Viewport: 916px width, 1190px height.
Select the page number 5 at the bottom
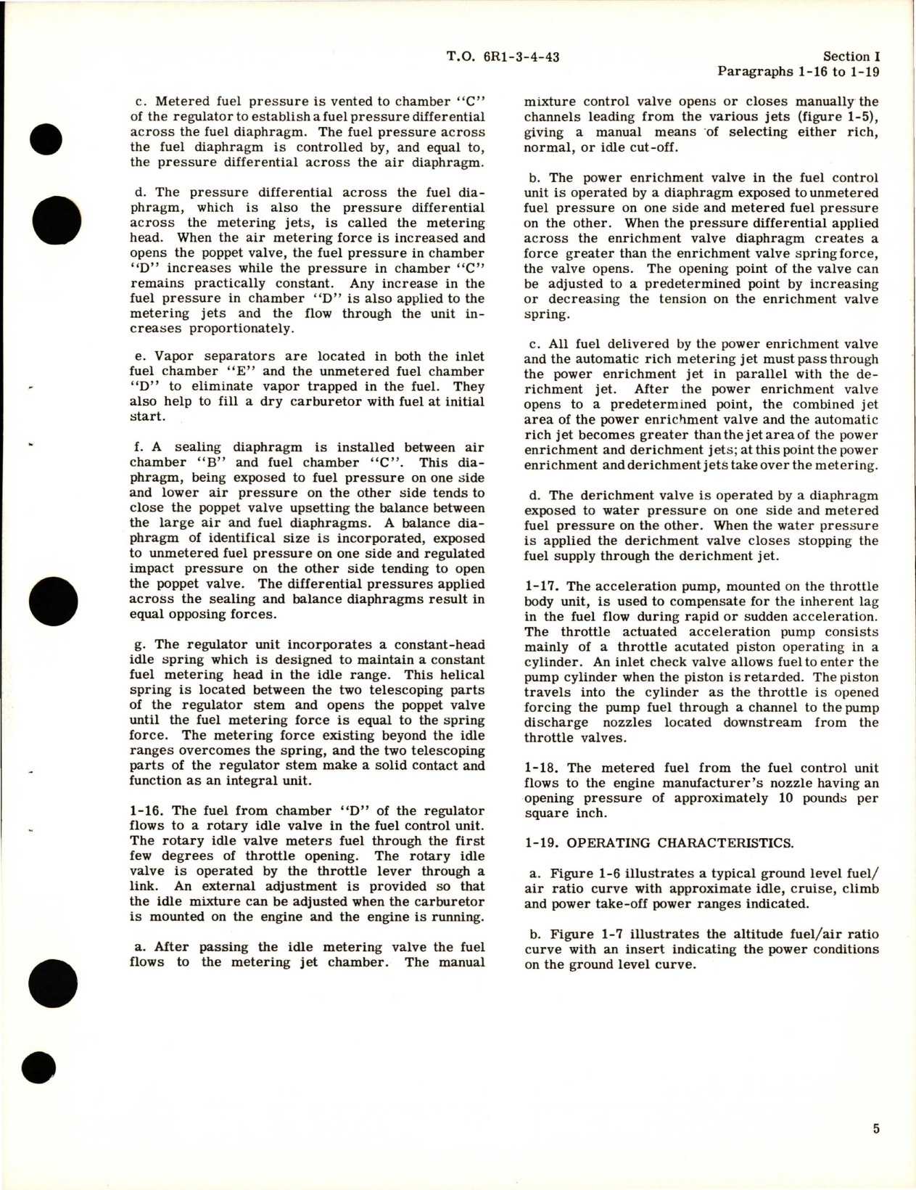coord(876,1128)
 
